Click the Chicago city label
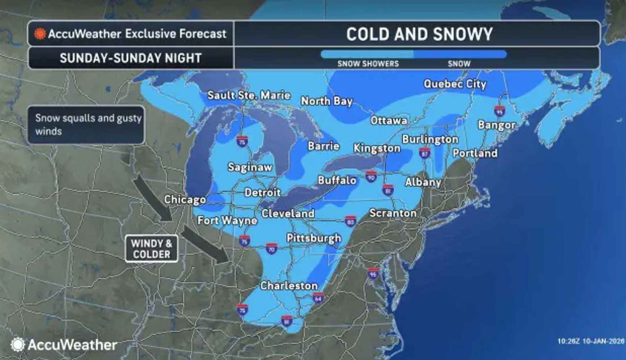tap(185, 199)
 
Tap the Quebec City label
tap(455, 84)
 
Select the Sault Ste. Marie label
tap(249, 95)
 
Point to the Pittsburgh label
tap(314, 238)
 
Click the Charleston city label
tap(289, 286)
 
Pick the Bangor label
tap(496, 125)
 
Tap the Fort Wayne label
tap(227, 220)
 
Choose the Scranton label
tap(393, 213)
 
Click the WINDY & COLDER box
tap(151, 249)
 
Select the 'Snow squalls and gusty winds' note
tap(86, 125)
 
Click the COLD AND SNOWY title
tap(419, 34)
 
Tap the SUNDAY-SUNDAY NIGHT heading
tap(131, 58)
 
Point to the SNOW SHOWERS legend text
tap(368, 64)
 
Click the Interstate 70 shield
tap(271, 248)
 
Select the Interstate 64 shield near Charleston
tap(318, 298)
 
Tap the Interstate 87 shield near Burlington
tap(425, 153)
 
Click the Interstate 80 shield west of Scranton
tap(350, 221)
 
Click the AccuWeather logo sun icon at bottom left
tap(17, 345)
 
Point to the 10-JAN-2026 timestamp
tap(603, 341)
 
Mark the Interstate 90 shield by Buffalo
tap(371, 176)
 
